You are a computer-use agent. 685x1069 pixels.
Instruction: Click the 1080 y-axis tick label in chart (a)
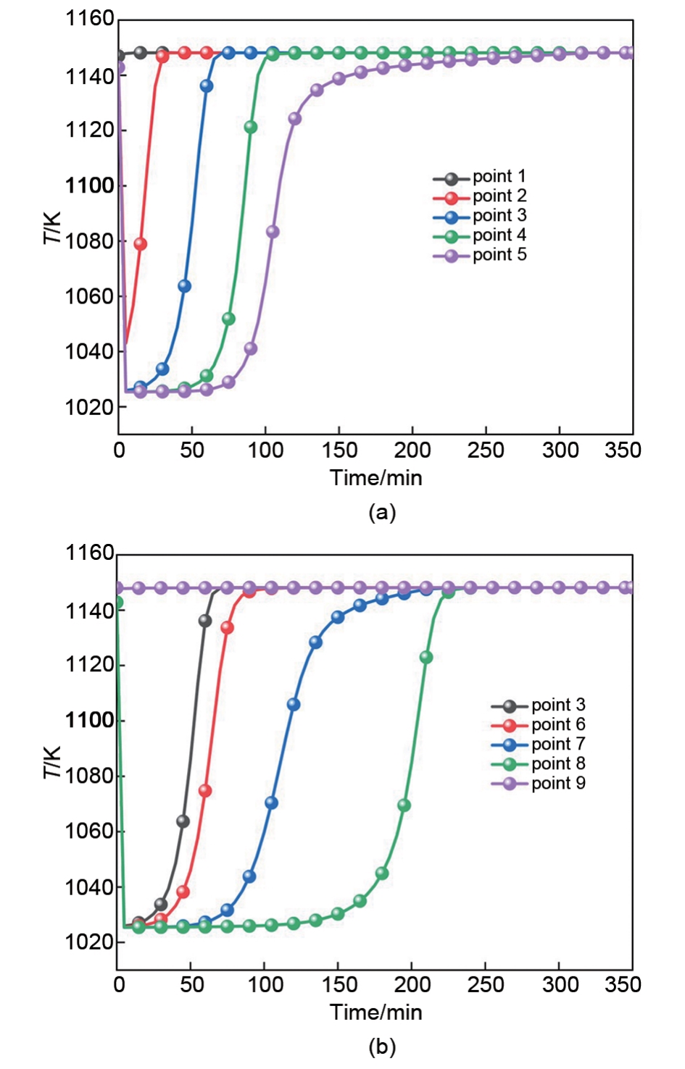[90, 241]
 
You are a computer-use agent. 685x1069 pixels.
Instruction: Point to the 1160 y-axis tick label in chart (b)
[90, 554]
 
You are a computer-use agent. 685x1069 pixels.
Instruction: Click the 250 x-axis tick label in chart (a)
[486, 450]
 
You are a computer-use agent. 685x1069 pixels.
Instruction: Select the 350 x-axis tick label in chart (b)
[623, 985]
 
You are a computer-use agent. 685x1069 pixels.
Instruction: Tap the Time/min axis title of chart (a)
[375, 478]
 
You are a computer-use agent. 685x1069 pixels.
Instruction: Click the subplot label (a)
[382, 513]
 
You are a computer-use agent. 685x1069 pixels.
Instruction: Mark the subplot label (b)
[382, 1047]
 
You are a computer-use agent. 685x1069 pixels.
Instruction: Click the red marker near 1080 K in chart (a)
[141, 244]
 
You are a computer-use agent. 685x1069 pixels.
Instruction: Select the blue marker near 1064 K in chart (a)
[184, 286]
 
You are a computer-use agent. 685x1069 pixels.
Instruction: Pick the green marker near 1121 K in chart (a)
[251, 127]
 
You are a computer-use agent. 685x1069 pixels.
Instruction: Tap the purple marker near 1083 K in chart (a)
[273, 232]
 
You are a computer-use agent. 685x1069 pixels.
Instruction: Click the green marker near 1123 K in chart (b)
[426, 658]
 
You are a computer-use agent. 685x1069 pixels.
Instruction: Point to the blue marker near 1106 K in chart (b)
[294, 705]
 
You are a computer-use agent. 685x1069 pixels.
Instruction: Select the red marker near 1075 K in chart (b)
[205, 791]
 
